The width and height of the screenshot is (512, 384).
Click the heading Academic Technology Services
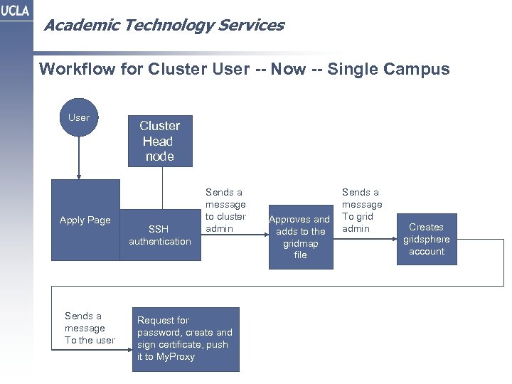tap(163, 26)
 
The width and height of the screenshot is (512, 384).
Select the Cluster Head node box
tap(159, 141)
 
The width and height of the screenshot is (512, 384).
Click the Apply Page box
tap(85, 220)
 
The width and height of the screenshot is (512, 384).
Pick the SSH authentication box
tap(159, 235)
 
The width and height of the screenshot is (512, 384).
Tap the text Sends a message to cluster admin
tap(225, 210)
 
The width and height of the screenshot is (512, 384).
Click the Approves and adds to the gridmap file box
tap(301, 237)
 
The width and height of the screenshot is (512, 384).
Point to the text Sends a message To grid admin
tap(361, 210)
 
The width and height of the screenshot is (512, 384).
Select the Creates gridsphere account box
tap(427, 239)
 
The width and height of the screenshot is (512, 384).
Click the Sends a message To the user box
tap(85, 328)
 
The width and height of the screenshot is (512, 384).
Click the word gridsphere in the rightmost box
tap(427, 240)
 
